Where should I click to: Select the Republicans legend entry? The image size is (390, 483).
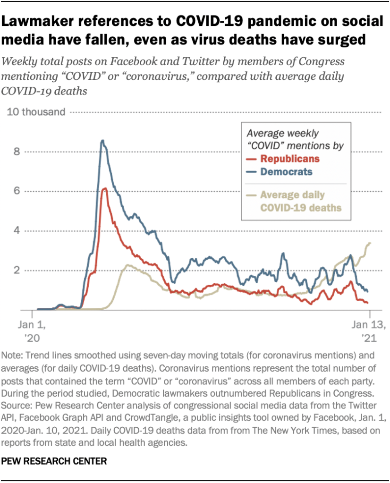pos(290,159)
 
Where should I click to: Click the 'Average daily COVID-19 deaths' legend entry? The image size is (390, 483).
pos(301,201)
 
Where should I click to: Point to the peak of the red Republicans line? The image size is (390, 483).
pos(105,188)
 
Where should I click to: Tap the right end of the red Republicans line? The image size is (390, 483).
pos(367,303)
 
